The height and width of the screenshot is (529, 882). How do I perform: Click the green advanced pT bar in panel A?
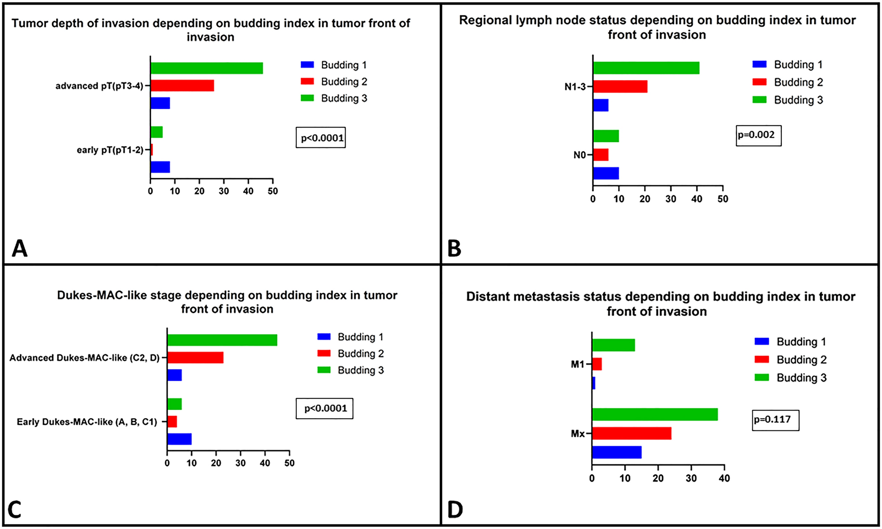pyautogui.click(x=207, y=68)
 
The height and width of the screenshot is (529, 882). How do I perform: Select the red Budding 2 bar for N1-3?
pyautogui.click(x=620, y=87)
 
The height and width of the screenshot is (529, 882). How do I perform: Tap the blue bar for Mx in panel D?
pyautogui.click(x=616, y=452)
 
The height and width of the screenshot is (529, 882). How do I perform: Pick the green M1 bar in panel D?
pyautogui.click(x=613, y=345)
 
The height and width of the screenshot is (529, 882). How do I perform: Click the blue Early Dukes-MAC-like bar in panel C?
pyautogui.click(x=179, y=439)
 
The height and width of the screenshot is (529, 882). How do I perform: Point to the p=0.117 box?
pyautogui.click(x=775, y=420)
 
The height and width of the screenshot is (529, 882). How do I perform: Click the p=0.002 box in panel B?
pyautogui.click(x=758, y=135)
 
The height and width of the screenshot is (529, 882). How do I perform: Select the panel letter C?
pyautogui.click(x=15, y=510)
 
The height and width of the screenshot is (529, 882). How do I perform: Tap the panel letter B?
pyautogui.click(x=454, y=249)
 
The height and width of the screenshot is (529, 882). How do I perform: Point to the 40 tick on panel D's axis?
pyautogui.click(x=724, y=478)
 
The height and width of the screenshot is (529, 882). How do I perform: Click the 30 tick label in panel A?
pyautogui.click(x=224, y=191)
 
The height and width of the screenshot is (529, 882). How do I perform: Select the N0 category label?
pyautogui.click(x=579, y=155)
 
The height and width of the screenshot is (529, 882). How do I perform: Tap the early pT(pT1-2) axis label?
pyautogui.click(x=110, y=150)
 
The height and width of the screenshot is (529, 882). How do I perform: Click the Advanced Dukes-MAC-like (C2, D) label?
pyautogui.click(x=84, y=358)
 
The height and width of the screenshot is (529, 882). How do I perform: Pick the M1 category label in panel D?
pyautogui.click(x=577, y=364)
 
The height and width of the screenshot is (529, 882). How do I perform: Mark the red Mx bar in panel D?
pyautogui.click(x=631, y=433)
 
